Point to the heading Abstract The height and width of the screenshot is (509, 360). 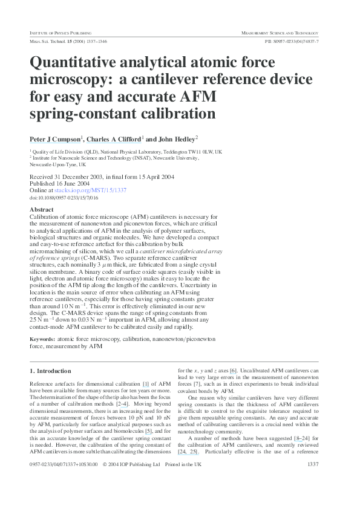point(42,209)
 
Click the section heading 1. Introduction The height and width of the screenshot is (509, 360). point(50,371)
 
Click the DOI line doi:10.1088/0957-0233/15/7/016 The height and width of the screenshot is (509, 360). point(64,198)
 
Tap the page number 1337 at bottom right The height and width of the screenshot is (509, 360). point(313,481)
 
